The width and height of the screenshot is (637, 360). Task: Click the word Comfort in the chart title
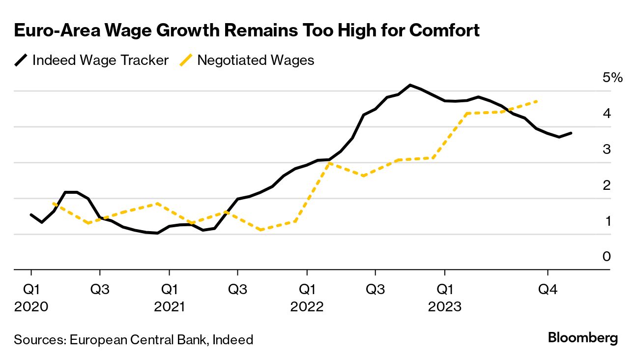(444, 31)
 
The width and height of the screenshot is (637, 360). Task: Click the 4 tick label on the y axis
(607, 114)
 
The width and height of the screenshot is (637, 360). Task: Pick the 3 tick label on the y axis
(607, 150)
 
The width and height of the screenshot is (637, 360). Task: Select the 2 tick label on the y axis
(607, 185)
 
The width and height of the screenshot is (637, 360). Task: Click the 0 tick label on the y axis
(607, 257)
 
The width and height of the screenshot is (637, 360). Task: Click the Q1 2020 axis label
(31, 298)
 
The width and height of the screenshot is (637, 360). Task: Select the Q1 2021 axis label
(169, 298)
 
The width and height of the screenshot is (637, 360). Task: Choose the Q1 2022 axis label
(307, 298)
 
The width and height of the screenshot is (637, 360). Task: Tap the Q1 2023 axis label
(444, 298)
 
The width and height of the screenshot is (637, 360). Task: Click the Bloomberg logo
(582, 338)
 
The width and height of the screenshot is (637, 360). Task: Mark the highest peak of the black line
(410, 85)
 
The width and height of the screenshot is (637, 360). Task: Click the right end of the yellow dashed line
(537, 101)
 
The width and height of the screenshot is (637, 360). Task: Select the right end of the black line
(571, 133)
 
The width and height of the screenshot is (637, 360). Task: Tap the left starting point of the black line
(31, 215)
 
